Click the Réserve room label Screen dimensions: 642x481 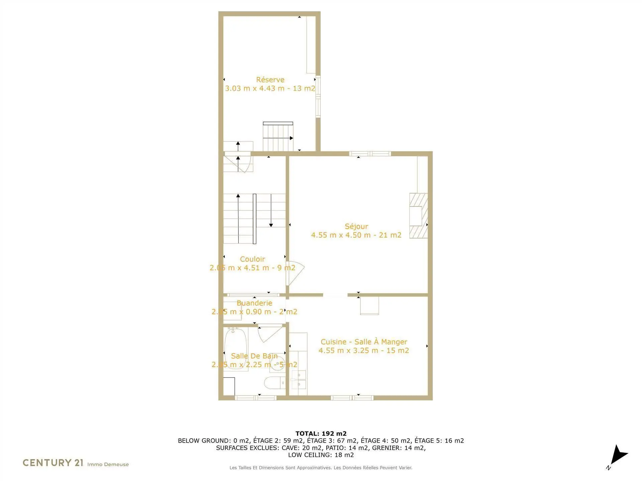pyautogui.click(x=270, y=80)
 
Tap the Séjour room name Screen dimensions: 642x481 pyautogui.click(x=356, y=226)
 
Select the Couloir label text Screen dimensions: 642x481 pyautogui.click(x=252, y=259)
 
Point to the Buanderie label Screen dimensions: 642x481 pyautogui.click(x=254, y=303)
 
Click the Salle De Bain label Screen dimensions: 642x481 pyautogui.click(x=254, y=356)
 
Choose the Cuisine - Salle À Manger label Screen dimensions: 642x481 pyautogui.click(x=364, y=342)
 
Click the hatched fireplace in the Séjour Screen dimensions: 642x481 pyautogui.click(x=419, y=216)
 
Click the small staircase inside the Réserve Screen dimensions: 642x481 pyautogui.click(x=278, y=137)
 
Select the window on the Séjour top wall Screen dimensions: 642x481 pyautogui.click(x=370, y=154)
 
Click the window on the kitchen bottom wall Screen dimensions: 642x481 pyautogui.click(x=352, y=398)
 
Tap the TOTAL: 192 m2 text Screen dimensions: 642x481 pyautogui.click(x=321, y=434)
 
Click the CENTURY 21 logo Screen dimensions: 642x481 pyautogui.click(x=53, y=463)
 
